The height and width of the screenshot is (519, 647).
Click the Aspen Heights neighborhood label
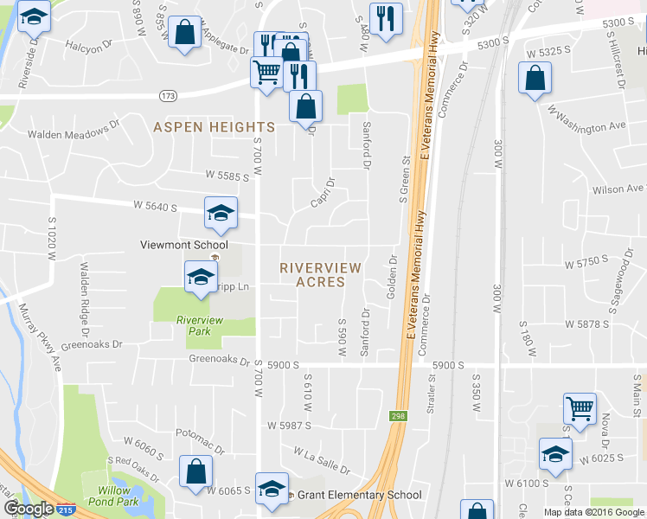[214, 127]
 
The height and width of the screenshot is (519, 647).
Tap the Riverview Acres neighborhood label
[312, 275]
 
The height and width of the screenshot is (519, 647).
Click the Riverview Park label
[200, 325]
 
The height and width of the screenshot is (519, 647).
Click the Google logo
[28, 509]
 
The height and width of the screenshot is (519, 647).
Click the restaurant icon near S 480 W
[385, 17]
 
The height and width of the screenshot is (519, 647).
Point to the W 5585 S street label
[227, 176]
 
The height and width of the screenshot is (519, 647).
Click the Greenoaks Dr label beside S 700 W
[219, 359]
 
